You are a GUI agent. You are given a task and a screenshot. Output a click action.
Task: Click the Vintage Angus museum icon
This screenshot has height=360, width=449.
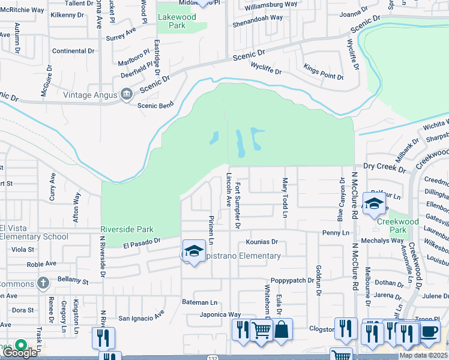pyautogui.click(x=127, y=94)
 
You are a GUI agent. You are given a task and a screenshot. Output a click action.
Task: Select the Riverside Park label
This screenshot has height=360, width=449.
pyautogui.click(x=127, y=229)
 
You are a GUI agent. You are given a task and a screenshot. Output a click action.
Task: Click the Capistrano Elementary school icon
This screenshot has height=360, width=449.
pyautogui.click(x=194, y=252)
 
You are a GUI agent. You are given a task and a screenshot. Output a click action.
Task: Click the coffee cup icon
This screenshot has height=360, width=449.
pyautogui.click(x=429, y=332)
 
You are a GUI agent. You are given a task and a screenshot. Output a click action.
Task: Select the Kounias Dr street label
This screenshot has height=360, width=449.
pyautogui.click(x=262, y=242)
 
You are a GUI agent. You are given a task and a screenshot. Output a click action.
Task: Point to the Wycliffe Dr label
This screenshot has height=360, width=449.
pyautogui.click(x=266, y=68)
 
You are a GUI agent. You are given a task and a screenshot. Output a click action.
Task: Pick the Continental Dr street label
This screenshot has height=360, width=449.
pyautogui.click(x=74, y=51)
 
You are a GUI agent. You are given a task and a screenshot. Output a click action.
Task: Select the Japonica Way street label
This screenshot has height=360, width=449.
pyautogui.click(x=220, y=314)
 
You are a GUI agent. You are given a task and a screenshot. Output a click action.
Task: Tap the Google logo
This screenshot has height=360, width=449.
pyautogui.click(x=19, y=352)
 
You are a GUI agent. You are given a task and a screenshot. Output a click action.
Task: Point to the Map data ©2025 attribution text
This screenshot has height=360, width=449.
pyautogui.click(x=423, y=355)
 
